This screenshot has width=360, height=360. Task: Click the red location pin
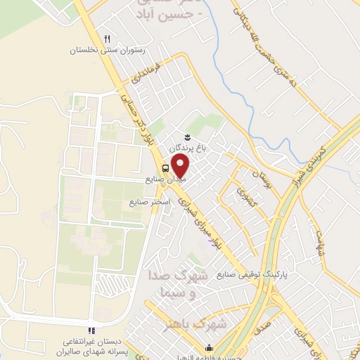(181, 166)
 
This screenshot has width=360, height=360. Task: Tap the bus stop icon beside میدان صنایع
(165, 168)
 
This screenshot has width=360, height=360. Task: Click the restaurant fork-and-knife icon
(107, 39)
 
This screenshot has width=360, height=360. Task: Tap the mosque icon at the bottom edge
(209, 347)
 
